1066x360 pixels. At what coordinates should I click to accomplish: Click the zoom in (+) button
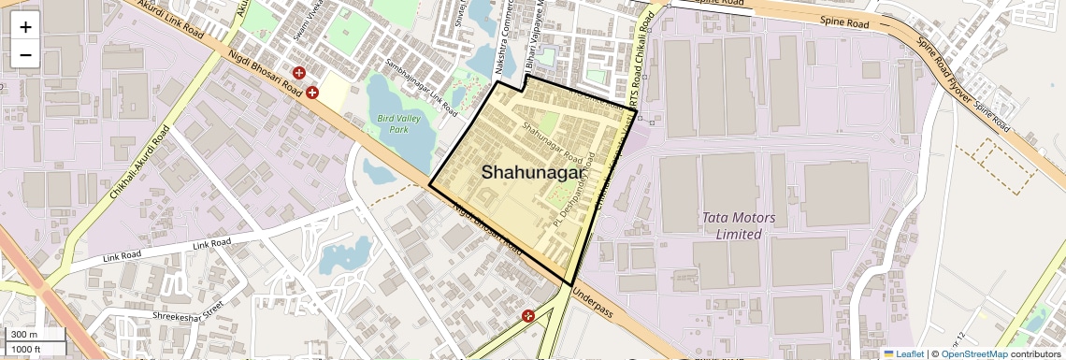(x=25, y=26)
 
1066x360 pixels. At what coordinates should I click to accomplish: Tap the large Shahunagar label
(x=533, y=172)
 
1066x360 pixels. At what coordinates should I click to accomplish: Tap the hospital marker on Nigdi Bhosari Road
(x=312, y=93)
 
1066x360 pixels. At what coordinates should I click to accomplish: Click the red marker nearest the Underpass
(x=528, y=316)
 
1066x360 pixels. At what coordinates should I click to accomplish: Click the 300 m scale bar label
(x=24, y=335)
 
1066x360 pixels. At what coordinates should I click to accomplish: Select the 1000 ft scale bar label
(x=26, y=349)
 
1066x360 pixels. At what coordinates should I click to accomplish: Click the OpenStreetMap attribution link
(x=973, y=353)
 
